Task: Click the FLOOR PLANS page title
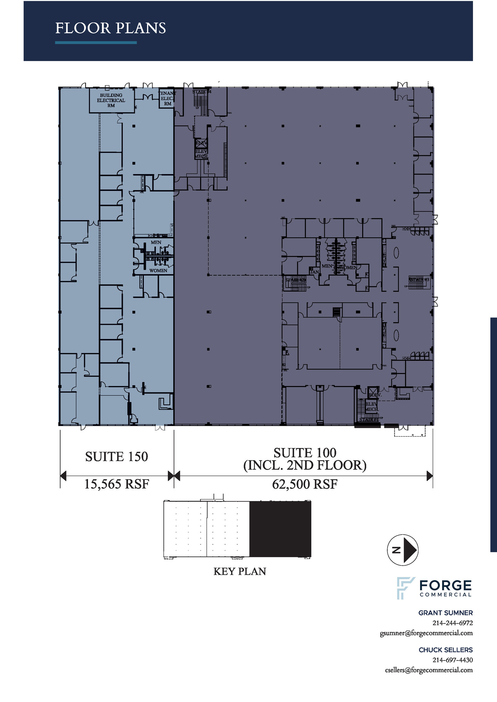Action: pos(111,28)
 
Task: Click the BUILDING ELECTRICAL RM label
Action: pos(111,100)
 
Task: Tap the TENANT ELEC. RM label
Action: pos(167,98)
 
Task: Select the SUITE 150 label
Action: pos(116,457)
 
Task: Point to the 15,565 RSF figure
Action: pos(116,484)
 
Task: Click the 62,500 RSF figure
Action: pos(304,484)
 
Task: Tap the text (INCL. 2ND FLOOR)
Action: pos(304,465)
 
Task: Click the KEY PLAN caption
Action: pos(240,571)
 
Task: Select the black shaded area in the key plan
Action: pos(280,529)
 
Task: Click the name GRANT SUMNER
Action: pos(445,613)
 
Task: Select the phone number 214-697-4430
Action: pos(452,660)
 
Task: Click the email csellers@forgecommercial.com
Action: pos(429,670)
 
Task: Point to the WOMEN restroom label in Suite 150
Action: pos(158,271)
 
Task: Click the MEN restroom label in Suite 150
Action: pos(156,242)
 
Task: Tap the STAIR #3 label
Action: pos(419,280)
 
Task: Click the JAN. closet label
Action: pos(314,272)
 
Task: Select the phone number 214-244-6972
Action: pos(452,623)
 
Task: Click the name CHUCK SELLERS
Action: pos(445,650)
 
